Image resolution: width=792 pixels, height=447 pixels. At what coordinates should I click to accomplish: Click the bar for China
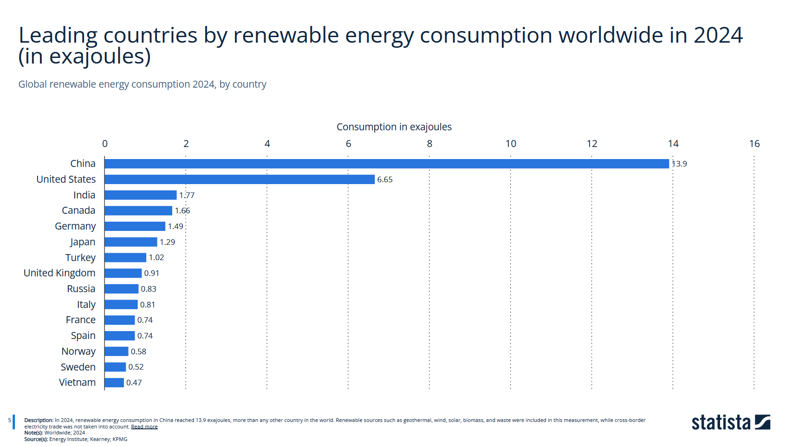(x=387, y=164)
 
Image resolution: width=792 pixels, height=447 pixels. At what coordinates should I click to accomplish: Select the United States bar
(x=240, y=179)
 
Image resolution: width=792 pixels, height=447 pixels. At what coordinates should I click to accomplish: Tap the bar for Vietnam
(x=114, y=383)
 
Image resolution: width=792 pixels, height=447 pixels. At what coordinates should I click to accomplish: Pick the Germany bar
(x=135, y=226)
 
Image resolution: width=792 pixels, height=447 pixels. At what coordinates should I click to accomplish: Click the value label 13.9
(x=679, y=164)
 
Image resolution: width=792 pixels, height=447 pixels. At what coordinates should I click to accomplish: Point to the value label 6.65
(x=385, y=179)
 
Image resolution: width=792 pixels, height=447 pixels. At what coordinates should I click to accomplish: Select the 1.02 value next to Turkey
(x=156, y=257)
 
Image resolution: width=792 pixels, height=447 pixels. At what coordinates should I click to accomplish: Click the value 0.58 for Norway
(x=138, y=351)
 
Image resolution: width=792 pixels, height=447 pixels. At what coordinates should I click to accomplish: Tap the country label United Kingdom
(x=59, y=273)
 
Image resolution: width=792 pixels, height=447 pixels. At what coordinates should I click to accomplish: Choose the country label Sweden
(x=78, y=367)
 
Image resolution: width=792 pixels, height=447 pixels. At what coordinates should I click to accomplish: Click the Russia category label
(x=81, y=288)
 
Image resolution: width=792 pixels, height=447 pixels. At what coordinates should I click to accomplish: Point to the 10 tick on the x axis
(x=511, y=144)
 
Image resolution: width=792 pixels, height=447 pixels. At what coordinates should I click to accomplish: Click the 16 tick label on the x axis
(x=754, y=144)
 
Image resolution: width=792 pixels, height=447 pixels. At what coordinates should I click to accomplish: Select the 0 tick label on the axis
(x=104, y=144)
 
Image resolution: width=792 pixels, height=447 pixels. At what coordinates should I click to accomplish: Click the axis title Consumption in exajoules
(x=394, y=127)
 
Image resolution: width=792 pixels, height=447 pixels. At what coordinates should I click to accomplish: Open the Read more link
(x=144, y=427)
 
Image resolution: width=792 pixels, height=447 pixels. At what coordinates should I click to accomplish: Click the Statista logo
(x=731, y=422)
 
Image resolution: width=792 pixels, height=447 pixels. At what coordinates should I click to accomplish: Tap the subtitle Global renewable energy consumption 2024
(x=117, y=84)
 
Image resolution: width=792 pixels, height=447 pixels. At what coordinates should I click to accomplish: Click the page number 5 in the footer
(x=10, y=420)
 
